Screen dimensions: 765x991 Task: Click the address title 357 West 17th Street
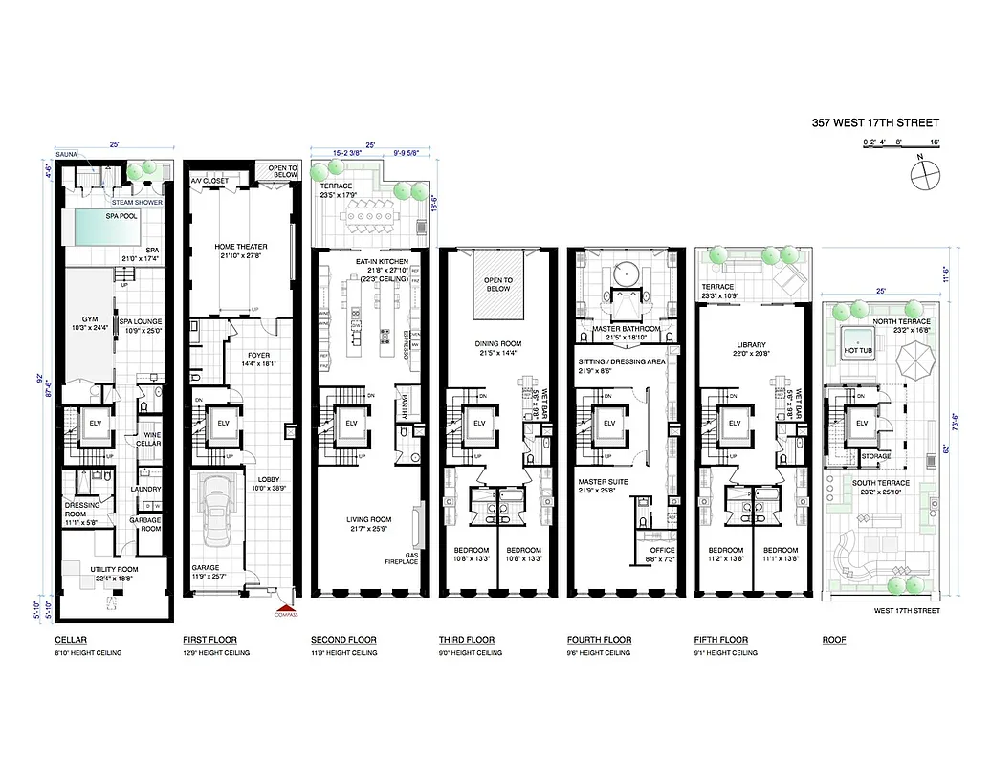pyautogui.click(x=875, y=122)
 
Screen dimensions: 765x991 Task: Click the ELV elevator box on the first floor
pyautogui.click(x=224, y=423)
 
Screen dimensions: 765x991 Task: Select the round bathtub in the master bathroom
pyautogui.click(x=627, y=273)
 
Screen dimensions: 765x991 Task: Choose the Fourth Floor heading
pyautogui.click(x=599, y=640)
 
